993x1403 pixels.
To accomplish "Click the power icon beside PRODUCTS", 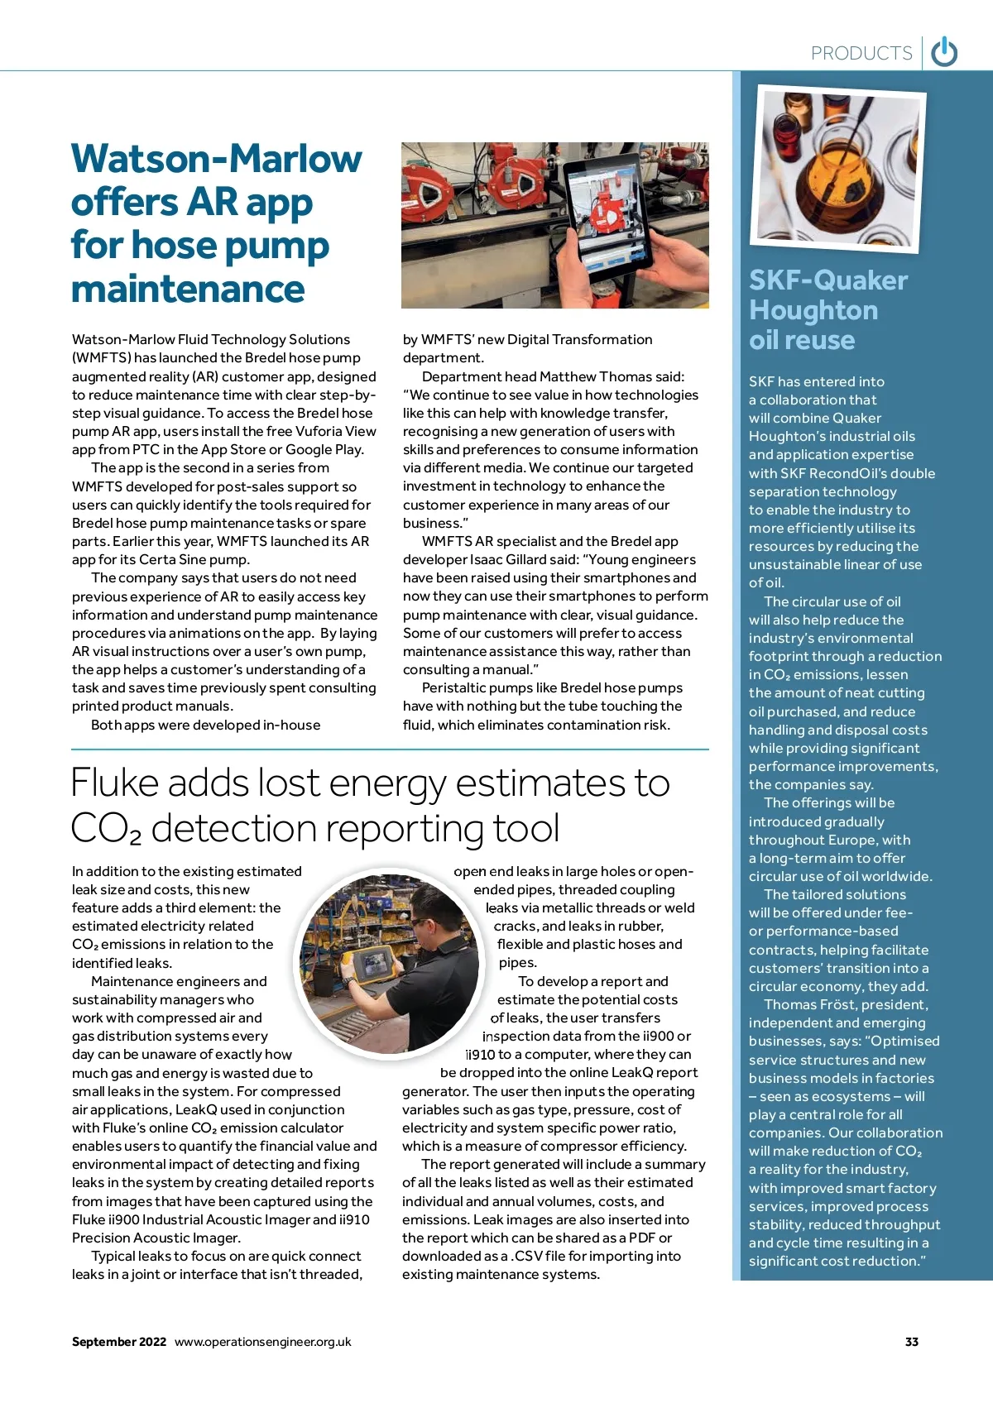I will point(944,52).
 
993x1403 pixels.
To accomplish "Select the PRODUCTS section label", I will point(861,54).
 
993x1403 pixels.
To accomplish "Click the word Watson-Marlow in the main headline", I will point(217,159).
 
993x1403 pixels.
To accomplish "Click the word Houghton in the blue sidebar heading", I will point(813,310).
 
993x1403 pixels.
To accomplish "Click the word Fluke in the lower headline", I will point(114,783).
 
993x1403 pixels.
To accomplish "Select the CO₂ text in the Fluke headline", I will point(106,829).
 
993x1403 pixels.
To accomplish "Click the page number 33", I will point(911,1342).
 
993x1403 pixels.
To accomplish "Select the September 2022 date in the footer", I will point(119,1342).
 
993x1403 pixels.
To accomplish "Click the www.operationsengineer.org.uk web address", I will point(262,1342).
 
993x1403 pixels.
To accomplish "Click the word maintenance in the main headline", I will point(188,289).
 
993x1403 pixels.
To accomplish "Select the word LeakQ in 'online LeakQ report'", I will point(632,1072).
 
